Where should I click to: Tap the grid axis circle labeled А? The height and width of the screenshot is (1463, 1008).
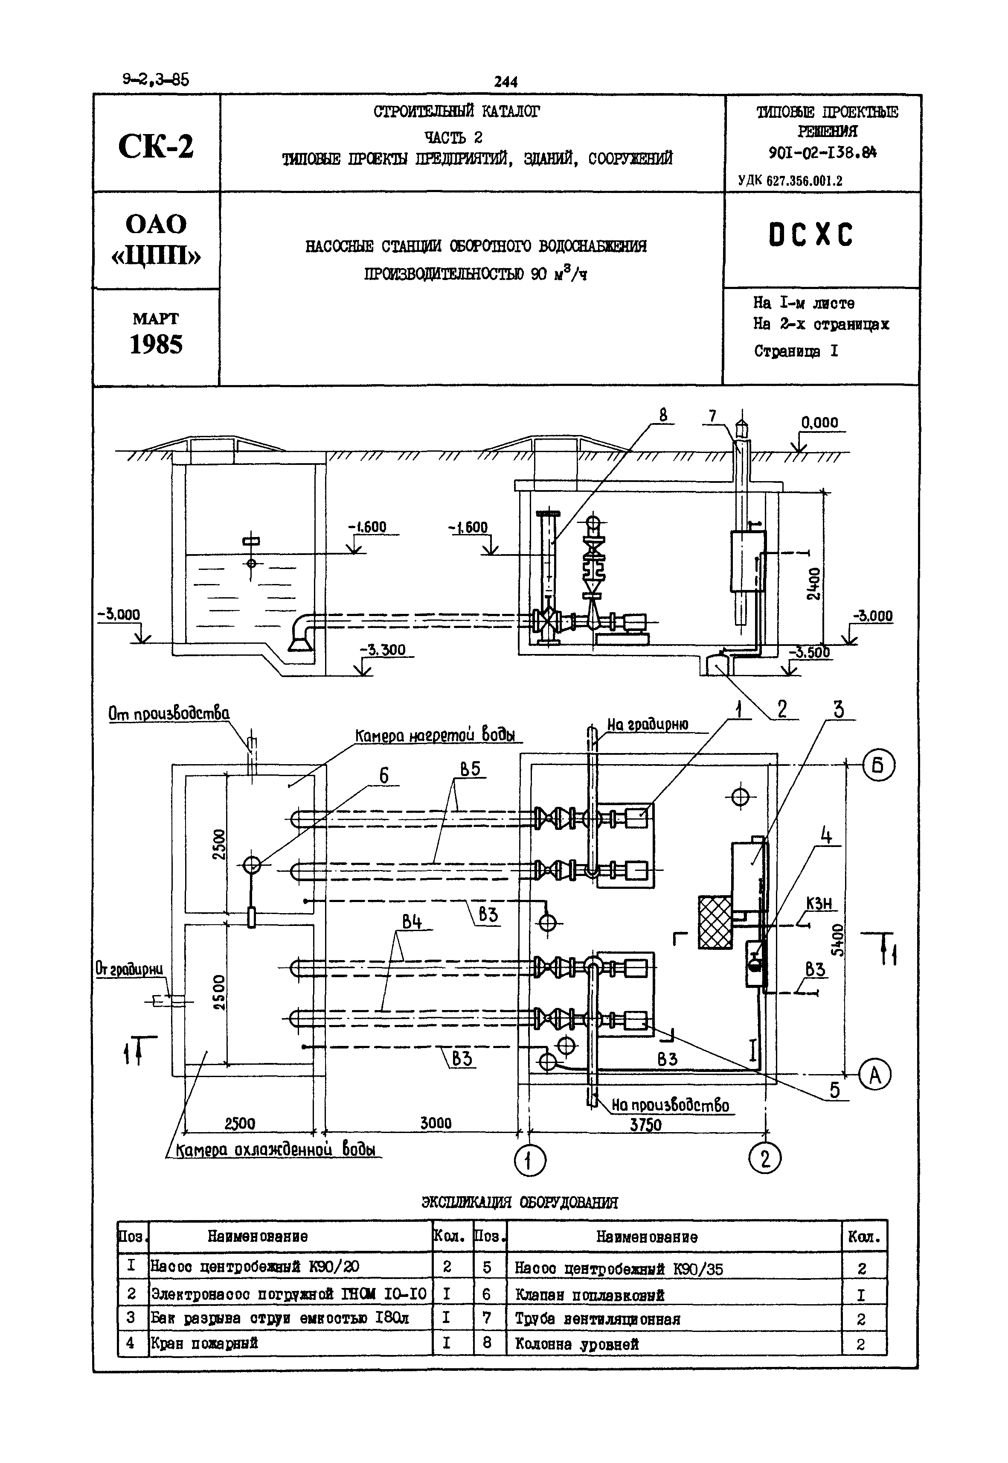point(875,1075)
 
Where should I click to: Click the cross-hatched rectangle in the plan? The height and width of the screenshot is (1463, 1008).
point(715,922)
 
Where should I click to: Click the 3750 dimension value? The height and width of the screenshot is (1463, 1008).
point(645,1125)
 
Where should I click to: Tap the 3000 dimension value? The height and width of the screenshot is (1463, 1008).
point(436,1123)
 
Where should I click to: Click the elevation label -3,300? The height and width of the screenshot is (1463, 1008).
point(383,650)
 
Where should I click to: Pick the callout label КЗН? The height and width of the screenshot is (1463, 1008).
point(819,904)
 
